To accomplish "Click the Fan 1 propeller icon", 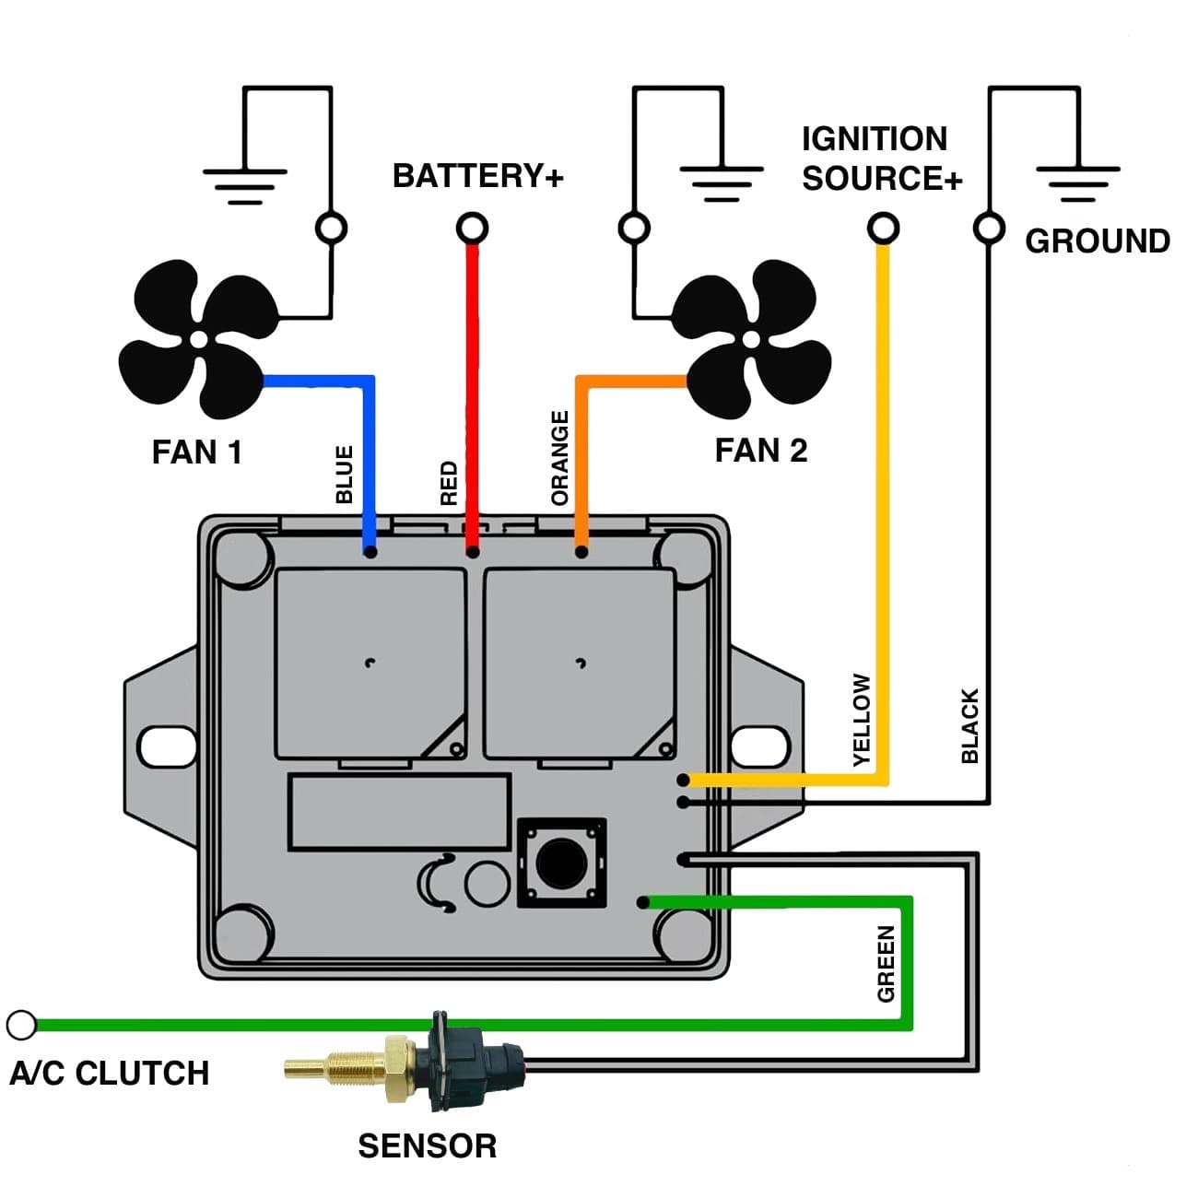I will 198,339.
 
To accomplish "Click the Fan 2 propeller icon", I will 751,339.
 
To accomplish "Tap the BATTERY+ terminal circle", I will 472,227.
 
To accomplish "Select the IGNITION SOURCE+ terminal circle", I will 883,227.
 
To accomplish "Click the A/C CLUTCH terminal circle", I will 21,1024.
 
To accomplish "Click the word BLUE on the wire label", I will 345,475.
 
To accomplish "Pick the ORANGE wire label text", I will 559,458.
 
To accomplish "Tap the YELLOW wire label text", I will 862,720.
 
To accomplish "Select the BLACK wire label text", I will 969,726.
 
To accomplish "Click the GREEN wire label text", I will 886,964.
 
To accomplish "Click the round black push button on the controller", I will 560,862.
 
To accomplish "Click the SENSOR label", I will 427,1145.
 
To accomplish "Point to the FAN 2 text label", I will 760,451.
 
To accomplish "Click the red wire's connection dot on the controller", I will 472,552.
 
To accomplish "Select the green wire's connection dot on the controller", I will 643,902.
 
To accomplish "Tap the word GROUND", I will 1097,241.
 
